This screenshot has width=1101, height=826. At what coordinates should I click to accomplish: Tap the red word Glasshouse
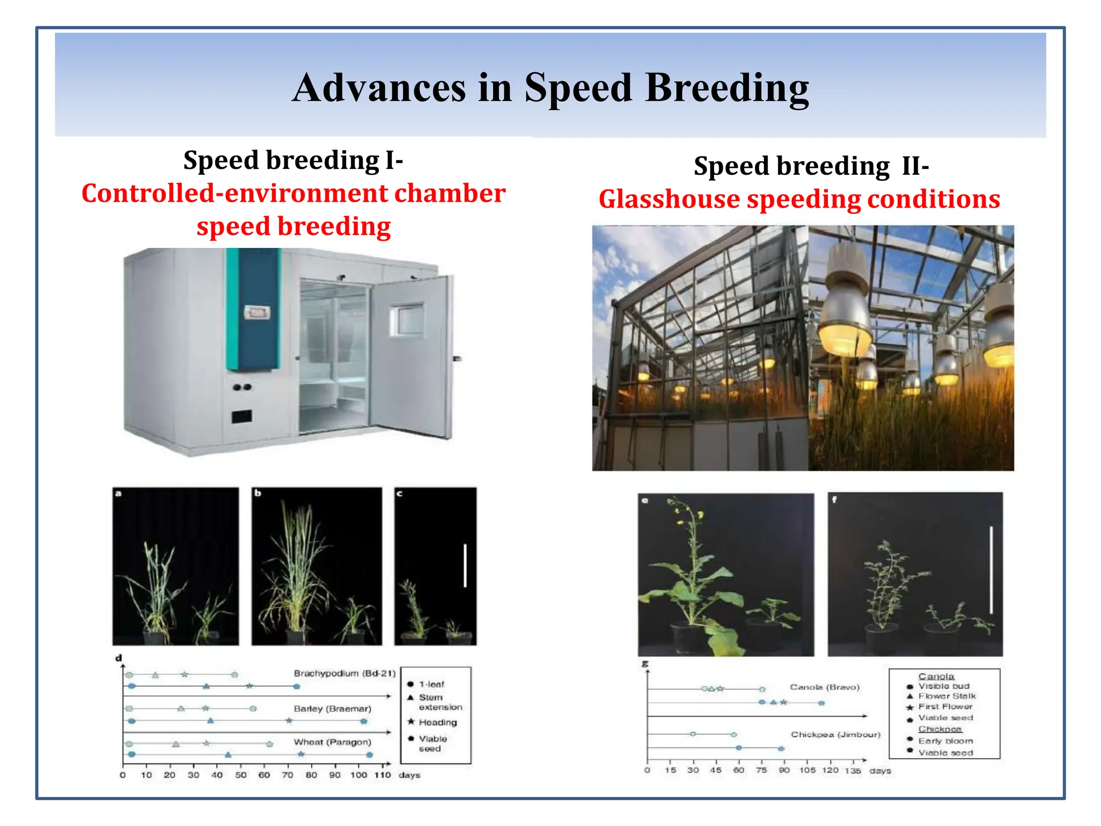(669, 199)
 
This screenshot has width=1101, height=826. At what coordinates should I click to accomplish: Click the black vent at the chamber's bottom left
(242, 416)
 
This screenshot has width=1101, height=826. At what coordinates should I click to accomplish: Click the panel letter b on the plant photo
(258, 493)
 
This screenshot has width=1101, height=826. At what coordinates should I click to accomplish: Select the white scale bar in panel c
(465, 565)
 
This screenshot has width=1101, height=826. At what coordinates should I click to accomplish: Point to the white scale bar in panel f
(991, 569)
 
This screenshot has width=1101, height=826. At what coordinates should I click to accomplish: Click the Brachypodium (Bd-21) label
(344, 673)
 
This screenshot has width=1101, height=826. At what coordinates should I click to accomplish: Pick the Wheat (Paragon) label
(332, 742)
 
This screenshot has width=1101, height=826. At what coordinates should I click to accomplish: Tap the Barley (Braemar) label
(332, 709)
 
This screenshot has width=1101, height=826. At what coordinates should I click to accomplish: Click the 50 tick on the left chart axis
(241, 775)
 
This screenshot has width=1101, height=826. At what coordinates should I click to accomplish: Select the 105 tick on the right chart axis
(807, 770)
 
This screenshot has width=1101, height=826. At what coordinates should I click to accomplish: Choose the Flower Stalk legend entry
(947, 696)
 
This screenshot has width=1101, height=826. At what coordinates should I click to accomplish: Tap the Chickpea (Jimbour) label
(835, 735)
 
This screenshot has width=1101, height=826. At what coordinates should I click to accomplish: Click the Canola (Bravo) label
(824, 687)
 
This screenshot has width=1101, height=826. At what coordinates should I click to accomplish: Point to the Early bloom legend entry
(945, 740)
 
